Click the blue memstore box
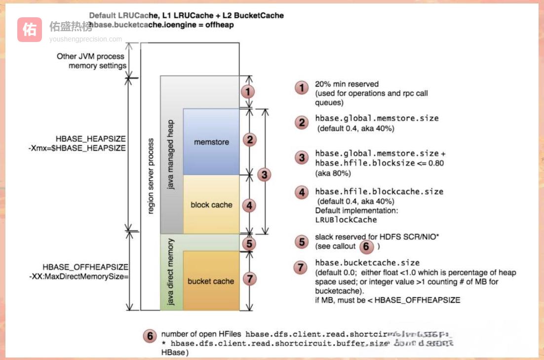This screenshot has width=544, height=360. (x=211, y=142)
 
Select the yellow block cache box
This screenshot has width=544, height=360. (x=211, y=204)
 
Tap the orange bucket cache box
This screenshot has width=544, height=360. (x=211, y=281)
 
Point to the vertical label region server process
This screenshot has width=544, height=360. (x=151, y=176)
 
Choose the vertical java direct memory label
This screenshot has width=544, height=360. (x=171, y=272)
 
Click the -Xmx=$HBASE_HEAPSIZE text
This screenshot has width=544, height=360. (x=78, y=148)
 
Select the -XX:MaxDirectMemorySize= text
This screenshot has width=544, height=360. (x=79, y=277)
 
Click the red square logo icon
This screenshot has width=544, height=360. (x=30, y=30)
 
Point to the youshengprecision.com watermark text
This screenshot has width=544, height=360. (x=85, y=39)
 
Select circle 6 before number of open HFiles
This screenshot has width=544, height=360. (x=150, y=335)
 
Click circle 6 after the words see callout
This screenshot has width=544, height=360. (x=365, y=245)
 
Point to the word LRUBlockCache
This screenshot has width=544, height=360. (x=346, y=219)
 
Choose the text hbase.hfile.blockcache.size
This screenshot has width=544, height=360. (x=379, y=192)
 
